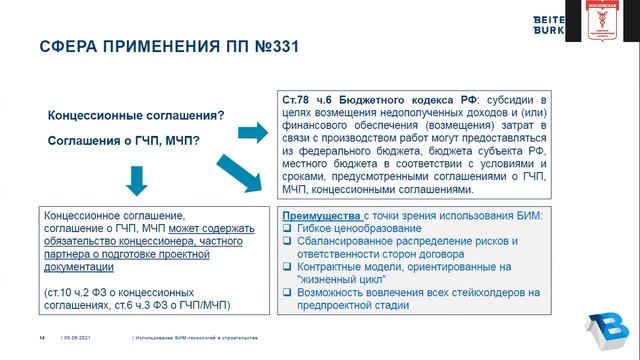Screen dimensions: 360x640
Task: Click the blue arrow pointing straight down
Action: [x=137, y=178]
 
